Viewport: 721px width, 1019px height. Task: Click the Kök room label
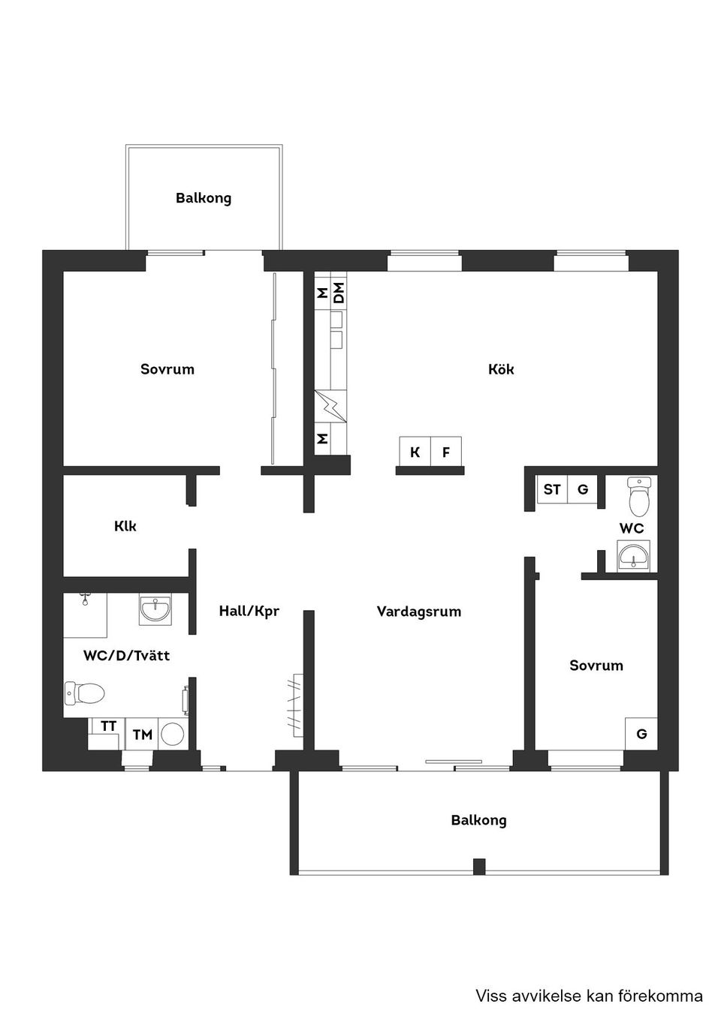(x=501, y=369)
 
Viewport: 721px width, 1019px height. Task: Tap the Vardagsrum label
(x=418, y=612)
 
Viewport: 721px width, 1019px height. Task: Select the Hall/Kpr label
(x=249, y=612)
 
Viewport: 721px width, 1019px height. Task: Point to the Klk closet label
(x=125, y=527)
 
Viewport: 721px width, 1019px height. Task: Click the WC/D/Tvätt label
(x=126, y=656)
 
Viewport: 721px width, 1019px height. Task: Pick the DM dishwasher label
(x=339, y=293)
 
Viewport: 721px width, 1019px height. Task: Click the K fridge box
(x=415, y=452)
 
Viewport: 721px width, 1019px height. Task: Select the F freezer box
(x=446, y=452)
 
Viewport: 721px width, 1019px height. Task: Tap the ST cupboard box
(x=552, y=490)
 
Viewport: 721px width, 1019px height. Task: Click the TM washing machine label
(x=143, y=735)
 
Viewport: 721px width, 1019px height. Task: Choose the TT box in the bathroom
(x=108, y=726)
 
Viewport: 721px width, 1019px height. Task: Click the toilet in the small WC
(x=639, y=496)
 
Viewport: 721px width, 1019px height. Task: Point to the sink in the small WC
(x=635, y=558)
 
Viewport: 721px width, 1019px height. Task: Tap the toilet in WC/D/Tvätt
(x=83, y=693)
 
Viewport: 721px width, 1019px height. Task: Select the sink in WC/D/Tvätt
(x=155, y=609)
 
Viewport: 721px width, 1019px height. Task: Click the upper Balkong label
(x=204, y=198)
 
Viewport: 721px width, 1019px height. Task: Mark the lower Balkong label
(x=478, y=820)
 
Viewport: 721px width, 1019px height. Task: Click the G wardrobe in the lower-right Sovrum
(x=641, y=734)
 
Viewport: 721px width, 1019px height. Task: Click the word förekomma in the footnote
(x=660, y=996)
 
